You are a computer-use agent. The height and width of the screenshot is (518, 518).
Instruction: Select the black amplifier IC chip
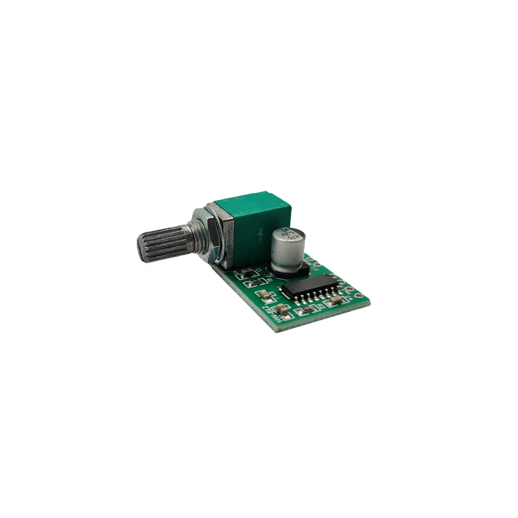tap(309, 286)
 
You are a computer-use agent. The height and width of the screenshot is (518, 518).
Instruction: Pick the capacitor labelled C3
tap(263, 295)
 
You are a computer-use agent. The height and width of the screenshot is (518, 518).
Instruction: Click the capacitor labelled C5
tap(282, 310)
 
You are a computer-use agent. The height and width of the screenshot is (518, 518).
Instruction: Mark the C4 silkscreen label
tap(348, 298)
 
